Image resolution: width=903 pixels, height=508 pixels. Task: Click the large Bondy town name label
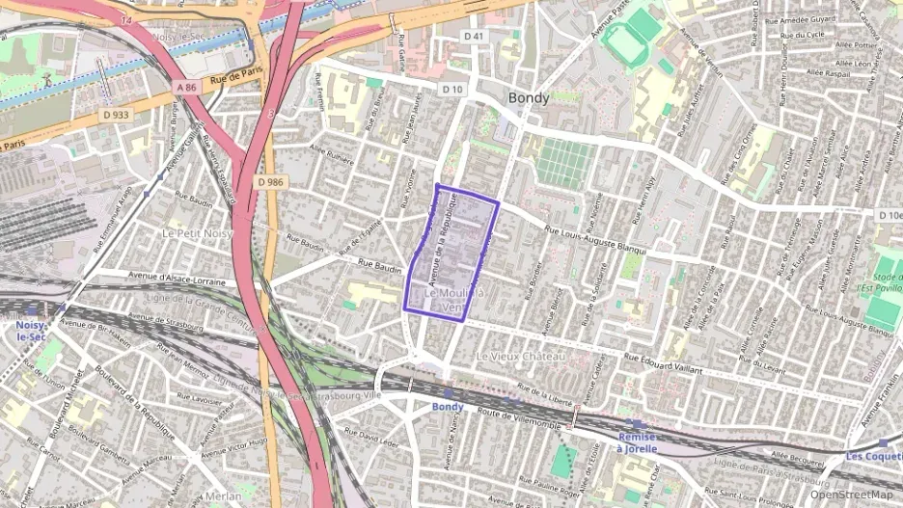529,98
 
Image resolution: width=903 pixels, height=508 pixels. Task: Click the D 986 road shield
271,181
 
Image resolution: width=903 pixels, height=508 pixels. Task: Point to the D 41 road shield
473,36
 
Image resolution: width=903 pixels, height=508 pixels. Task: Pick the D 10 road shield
453,90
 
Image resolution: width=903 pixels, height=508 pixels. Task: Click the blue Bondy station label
448,407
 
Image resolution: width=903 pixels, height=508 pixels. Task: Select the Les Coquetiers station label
872,455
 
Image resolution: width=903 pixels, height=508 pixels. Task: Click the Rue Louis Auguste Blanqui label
606,236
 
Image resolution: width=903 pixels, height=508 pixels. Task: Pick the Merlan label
223,495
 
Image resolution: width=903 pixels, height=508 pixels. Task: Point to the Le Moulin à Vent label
453,300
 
